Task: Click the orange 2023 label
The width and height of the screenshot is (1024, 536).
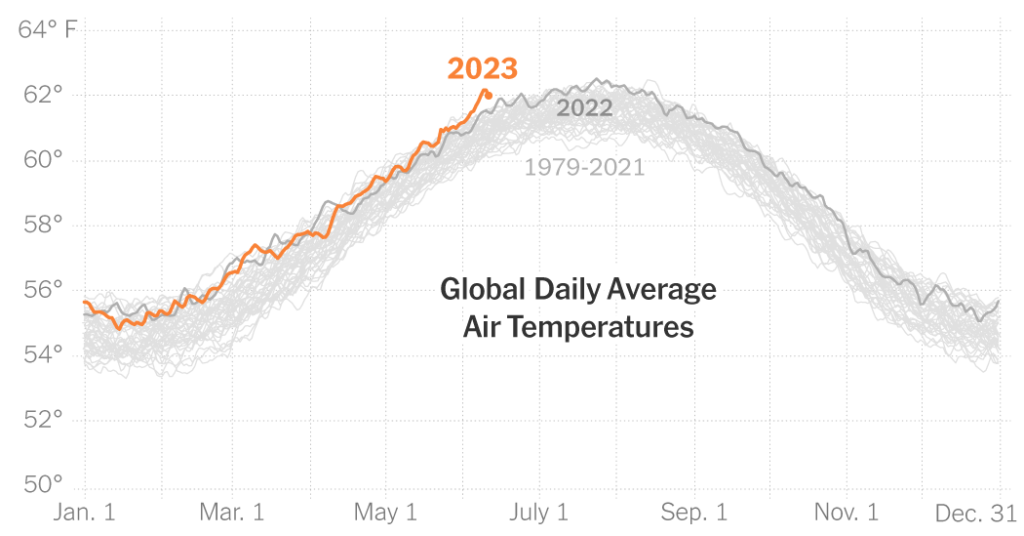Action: (x=482, y=69)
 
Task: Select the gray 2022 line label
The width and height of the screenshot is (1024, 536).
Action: (x=584, y=108)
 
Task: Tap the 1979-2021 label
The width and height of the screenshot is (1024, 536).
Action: (x=584, y=167)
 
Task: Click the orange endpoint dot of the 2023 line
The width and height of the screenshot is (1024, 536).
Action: (x=488, y=95)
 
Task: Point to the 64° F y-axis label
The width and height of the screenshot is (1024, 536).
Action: (x=47, y=30)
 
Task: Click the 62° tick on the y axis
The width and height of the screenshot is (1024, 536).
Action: (x=43, y=95)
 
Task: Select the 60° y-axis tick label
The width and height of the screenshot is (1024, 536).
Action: (x=43, y=160)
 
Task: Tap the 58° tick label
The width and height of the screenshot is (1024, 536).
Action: (x=43, y=225)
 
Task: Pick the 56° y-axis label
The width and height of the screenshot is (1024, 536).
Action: (x=43, y=290)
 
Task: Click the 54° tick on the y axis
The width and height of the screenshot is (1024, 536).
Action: (x=43, y=354)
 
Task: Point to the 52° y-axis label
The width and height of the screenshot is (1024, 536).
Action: (x=43, y=420)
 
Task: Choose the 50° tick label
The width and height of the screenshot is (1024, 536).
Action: (x=43, y=484)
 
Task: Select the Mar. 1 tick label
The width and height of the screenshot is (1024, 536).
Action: (x=232, y=513)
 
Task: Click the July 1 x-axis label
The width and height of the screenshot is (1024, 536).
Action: (x=538, y=513)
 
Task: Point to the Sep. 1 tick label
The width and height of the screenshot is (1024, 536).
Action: (x=694, y=513)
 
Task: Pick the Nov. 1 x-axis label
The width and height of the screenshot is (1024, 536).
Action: (x=846, y=513)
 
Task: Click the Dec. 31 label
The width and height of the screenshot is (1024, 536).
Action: (x=976, y=513)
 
